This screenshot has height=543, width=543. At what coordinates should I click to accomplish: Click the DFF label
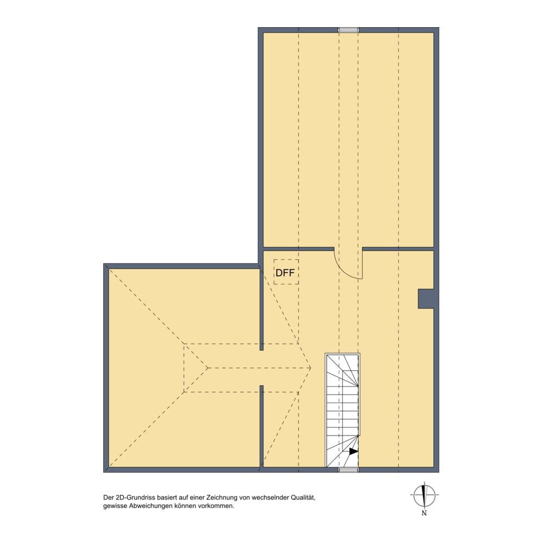coord(285,273)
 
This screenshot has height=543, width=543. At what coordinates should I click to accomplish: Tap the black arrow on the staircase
coord(353,451)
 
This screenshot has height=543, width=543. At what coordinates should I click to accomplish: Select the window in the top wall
coord(349,30)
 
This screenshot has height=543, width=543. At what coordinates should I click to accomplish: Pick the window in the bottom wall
coord(349,470)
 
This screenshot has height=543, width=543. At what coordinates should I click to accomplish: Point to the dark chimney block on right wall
coord(426,299)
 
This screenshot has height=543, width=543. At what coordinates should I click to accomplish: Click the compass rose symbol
coord(424,495)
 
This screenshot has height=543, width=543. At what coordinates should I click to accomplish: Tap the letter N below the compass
coord(424,513)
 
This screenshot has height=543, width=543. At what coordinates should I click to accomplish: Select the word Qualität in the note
coord(303,497)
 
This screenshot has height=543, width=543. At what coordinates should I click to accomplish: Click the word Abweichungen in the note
coord(151,506)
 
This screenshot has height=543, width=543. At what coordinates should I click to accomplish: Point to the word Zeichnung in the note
coord(222,497)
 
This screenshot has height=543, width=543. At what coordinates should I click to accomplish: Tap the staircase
coord(342,410)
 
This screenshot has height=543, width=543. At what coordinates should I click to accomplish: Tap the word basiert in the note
coord(168,497)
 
